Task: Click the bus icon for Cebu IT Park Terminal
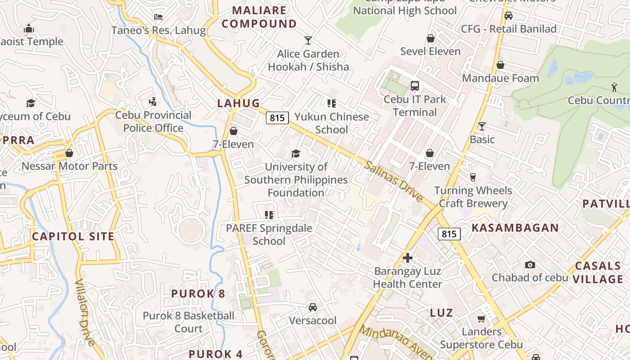[415, 85]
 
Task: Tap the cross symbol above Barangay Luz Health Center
[408, 258]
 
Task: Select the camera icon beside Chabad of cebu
[530, 265]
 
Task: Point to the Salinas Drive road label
[393, 181]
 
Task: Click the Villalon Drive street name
[85, 312]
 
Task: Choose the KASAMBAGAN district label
[515, 228]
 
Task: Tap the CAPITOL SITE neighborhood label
[73, 236]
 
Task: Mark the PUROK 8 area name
[198, 294]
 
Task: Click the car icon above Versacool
[312, 307]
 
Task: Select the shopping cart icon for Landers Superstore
[481, 319]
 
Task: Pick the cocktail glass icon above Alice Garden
[308, 40]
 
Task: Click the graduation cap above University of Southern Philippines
[296, 154]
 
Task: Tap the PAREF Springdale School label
[269, 234]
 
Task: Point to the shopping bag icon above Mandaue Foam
[500, 65]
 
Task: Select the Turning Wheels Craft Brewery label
[473, 197]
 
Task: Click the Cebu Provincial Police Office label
[153, 121]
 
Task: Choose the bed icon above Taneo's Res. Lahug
[158, 17]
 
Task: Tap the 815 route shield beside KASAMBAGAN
[449, 234]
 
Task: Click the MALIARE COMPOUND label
[259, 17]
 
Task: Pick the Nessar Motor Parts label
[69, 166]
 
